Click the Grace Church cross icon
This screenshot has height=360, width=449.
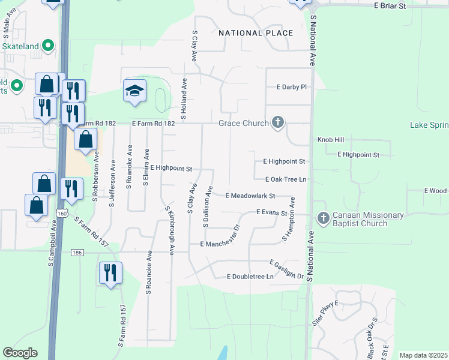277,123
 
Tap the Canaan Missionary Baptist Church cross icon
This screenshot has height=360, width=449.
323,218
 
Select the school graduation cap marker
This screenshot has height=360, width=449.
135,91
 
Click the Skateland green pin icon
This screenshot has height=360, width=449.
48,46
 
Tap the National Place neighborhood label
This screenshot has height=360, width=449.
256,33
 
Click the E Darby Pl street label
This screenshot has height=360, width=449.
292,87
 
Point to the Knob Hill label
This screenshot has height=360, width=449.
331,140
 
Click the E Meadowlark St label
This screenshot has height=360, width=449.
250,196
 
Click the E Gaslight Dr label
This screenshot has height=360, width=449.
287,269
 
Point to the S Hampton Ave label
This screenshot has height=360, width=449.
289,220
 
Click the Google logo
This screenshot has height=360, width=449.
20,353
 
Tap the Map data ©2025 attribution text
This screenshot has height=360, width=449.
423,355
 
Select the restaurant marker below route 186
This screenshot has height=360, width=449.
110,273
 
